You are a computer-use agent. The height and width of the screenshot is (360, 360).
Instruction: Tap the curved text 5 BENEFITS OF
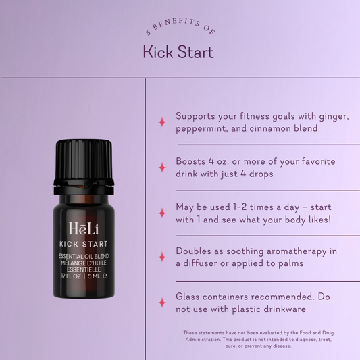tap(180, 27)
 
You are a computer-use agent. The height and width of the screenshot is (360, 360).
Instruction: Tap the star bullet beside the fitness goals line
tap(162, 122)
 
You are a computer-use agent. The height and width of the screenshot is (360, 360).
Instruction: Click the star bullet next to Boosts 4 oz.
tap(162, 168)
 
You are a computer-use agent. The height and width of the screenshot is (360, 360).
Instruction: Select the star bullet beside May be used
tap(162, 213)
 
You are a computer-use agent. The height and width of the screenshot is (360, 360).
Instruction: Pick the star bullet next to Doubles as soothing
tap(162, 257)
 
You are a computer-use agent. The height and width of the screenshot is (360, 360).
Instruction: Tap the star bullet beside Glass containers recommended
tap(162, 302)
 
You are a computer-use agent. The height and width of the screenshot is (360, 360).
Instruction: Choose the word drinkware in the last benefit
tap(281, 309)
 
